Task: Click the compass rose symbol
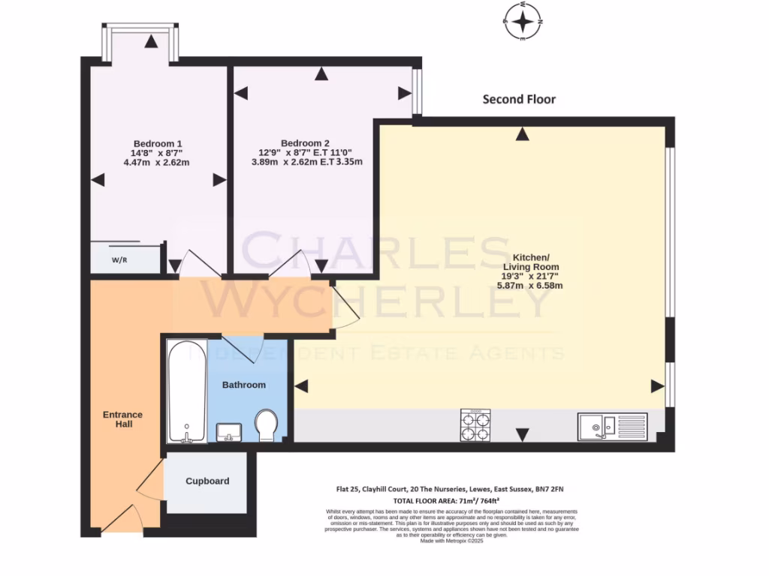[523, 21]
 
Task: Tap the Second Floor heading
[519, 99]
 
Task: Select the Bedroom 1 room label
[158, 143]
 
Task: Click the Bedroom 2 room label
[305, 143]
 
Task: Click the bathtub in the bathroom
[186, 391]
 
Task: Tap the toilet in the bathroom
[266, 424]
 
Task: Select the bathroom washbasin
[228, 431]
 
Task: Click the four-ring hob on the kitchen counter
[475, 425]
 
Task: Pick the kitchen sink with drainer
[611, 427]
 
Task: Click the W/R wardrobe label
[119, 260]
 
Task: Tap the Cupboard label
[207, 481]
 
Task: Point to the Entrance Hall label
[122, 419]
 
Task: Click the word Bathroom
[244, 385]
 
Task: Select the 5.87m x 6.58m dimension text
[532, 286]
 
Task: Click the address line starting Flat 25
[449, 489]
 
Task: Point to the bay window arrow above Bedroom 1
[152, 42]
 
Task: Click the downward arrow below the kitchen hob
[523, 434]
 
